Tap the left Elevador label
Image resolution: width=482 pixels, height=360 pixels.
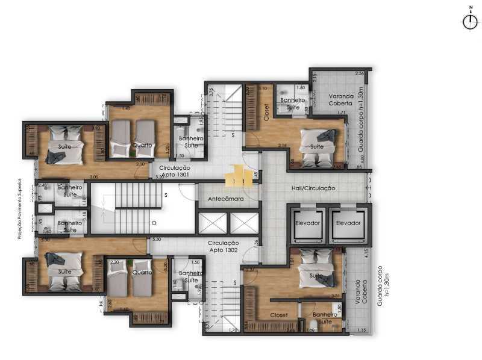pyautogui.click(x=307, y=223)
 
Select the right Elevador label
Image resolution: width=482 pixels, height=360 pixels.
pyautogui.click(x=348, y=223)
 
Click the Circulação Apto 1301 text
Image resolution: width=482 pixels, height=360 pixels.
pyautogui.click(x=175, y=170)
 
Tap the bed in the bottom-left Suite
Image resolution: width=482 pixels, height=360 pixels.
pyautogui.click(x=63, y=269)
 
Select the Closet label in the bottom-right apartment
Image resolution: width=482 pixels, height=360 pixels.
pyautogui.click(x=278, y=315)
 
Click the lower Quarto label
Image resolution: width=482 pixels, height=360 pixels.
pyautogui.click(x=142, y=272)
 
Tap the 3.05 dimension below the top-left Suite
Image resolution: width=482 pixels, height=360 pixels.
pyautogui.click(x=94, y=176)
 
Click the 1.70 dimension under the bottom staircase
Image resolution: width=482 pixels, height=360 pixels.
pyautogui.click(x=234, y=330)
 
